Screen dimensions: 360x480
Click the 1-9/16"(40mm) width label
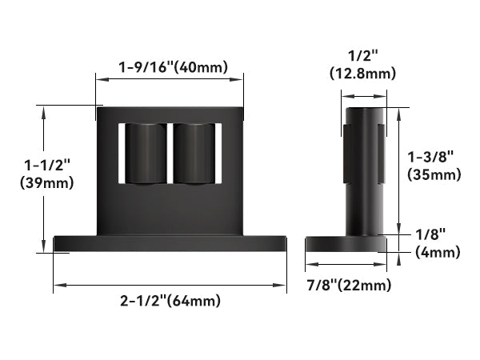(x=171, y=68)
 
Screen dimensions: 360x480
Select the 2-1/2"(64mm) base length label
(x=170, y=301)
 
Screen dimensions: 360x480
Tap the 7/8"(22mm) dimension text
(x=350, y=285)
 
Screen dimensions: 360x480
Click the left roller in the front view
(x=146, y=153)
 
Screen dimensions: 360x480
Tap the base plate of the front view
(x=170, y=243)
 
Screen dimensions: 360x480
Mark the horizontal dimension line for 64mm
(x=170, y=284)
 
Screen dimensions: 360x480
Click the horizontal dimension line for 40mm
(x=170, y=78)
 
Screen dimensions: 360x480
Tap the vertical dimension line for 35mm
(x=398, y=172)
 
